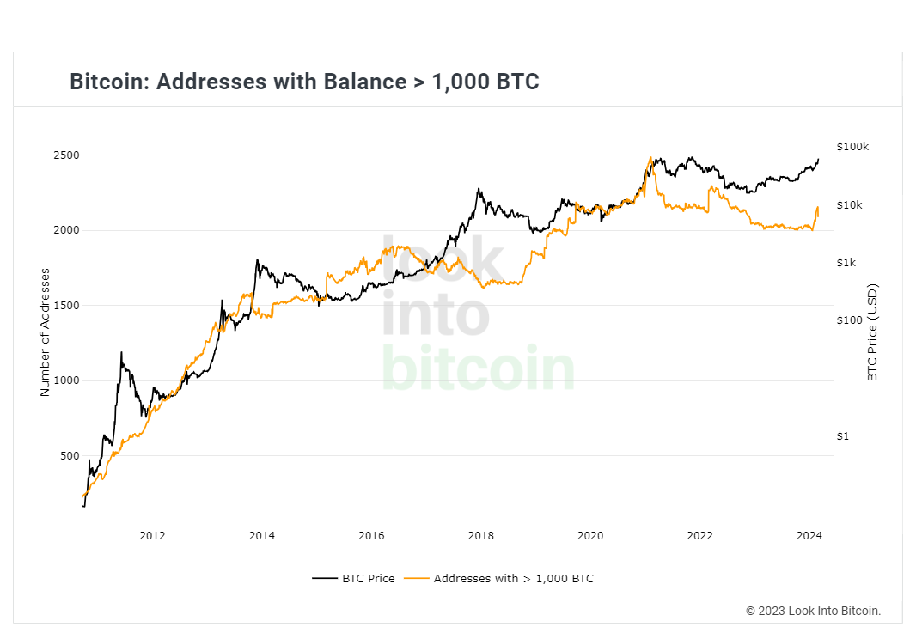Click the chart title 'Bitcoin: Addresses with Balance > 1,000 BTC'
(x=304, y=82)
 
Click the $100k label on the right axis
(x=852, y=147)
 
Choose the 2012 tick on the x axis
(x=152, y=537)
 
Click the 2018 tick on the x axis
(x=481, y=537)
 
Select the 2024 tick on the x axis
(x=809, y=537)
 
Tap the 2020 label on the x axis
(x=590, y=537)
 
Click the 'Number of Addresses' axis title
(x=45, y=332)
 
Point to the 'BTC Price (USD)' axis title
(x=873, y=332)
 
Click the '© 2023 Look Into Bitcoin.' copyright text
(x=813, y=611)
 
